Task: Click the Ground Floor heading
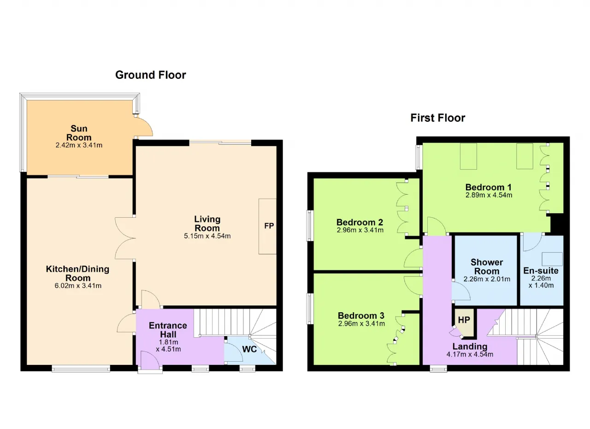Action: coord(151,75)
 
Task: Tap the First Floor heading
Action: coord(438,118)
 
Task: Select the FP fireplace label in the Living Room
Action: coord(269,226)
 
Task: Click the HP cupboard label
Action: coord(464,320)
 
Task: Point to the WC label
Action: coord(249,349)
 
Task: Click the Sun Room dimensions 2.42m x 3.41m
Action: coord(79,145)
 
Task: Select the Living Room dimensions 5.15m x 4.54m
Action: coord(207,236)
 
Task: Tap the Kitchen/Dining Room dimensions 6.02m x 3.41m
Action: coord(78,286)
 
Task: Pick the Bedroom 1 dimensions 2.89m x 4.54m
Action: coord(489,195)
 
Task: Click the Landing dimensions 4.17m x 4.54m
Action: coord(470,354)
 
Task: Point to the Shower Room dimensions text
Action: coord(487,279)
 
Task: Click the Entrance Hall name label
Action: coord(168,330)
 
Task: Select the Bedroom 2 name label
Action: coord(360,222)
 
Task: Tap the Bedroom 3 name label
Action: coord(361,316)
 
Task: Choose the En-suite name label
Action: coord(541,271)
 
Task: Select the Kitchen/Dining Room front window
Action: coord(81,369)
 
